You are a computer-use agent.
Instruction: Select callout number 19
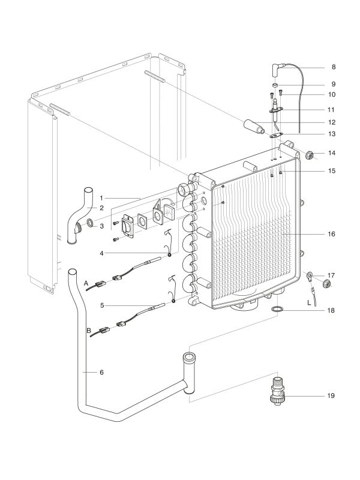[x=331, y=396]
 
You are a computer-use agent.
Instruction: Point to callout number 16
[x=331, y=233]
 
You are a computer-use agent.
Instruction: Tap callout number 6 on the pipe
[x=101, y=372]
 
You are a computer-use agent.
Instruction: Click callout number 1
[x=103, y=197]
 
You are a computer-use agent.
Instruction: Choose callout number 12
[x=331, y=122]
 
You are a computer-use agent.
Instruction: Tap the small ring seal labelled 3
[x=90, y=224]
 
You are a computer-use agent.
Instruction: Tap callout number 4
[x=103, y=253]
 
